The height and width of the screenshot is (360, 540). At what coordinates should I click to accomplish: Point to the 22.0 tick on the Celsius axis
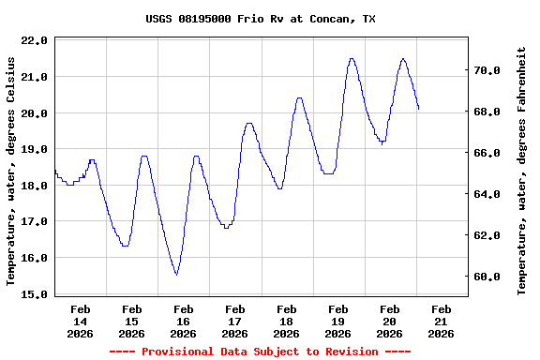[x=33, y=40]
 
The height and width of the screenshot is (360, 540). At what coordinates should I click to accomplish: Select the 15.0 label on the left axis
[x=33, y=294]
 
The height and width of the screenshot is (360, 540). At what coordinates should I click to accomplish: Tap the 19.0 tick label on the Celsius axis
[x=33, y=149]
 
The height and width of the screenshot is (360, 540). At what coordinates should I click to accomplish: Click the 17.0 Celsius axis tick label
[x=33, y=222]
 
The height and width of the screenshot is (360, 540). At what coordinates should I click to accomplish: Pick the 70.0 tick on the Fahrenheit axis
[x=491, y=70]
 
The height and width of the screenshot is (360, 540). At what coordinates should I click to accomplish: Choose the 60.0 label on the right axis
[x=491, y=277]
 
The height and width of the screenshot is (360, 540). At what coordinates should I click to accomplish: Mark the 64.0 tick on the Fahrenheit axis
[x=491, y=195]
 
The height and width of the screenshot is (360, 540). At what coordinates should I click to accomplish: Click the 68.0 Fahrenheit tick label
[x=491, y=112]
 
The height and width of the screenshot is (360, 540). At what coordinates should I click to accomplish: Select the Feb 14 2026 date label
[x=81, y=321]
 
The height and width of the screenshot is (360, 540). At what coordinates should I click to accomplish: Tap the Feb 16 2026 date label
[x=184, y=321]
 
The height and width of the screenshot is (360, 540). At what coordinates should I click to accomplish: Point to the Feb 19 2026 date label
[x=338, y=321]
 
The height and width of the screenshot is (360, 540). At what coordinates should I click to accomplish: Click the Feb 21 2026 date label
[x=442, y=321]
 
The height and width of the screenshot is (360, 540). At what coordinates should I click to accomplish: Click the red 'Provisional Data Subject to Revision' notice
[x=260, y=352]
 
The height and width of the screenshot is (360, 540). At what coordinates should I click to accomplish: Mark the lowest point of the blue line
[x=175, y=275]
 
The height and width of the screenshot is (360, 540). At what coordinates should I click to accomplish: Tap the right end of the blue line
[x=418, y=109]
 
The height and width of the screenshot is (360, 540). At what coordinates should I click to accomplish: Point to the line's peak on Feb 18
[x=299, y=97]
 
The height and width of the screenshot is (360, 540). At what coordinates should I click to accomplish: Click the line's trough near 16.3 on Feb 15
[x=126, y=246]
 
